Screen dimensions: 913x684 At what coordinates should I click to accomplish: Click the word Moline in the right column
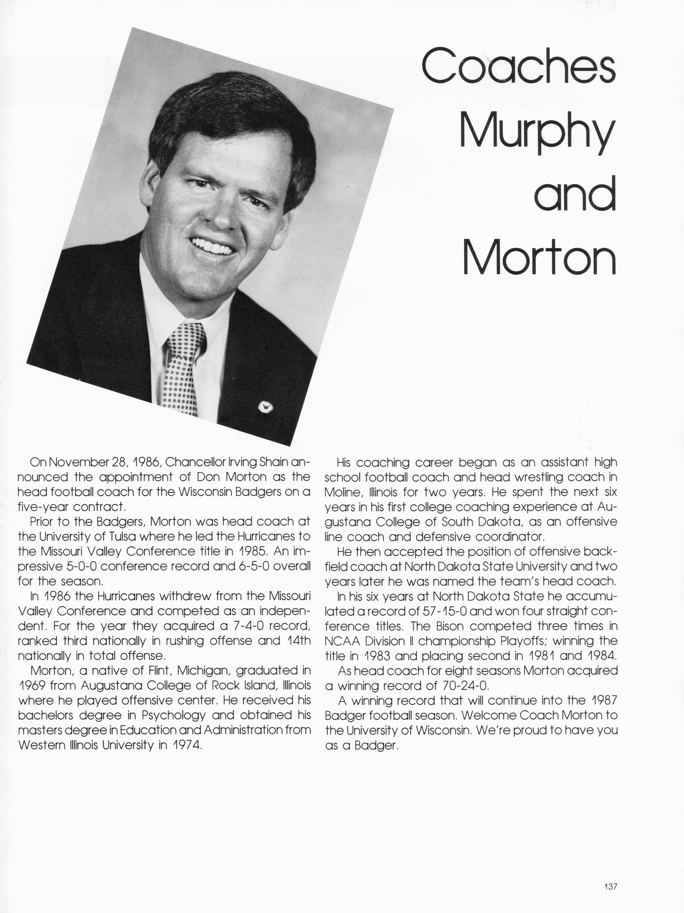tap(342, 492)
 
